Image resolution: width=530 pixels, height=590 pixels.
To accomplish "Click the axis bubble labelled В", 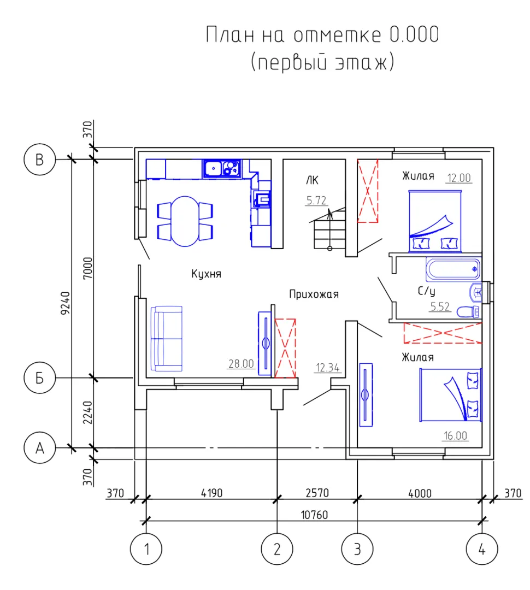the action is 39,159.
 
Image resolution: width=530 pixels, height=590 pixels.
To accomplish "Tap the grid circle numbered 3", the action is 357,549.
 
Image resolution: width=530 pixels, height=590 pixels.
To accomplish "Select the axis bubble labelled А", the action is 39,448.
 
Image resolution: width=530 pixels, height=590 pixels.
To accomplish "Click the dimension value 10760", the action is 314,515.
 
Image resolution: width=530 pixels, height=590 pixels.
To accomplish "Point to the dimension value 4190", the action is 211,493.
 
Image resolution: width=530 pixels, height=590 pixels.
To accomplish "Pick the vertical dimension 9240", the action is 66,303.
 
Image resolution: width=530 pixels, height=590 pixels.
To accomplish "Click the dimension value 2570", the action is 317,493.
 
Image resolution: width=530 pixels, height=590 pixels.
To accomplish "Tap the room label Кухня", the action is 206,274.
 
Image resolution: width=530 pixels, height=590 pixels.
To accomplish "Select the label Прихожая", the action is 314,294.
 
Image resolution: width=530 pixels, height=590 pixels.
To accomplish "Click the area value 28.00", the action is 242,364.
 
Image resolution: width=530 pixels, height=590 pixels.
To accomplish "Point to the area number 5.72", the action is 316,200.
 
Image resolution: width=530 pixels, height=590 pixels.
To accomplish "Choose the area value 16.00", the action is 456,436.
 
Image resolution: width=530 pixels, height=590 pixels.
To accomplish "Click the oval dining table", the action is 185,221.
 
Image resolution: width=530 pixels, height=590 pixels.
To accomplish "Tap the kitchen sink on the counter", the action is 222,168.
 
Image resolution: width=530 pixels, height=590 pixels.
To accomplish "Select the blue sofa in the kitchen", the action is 167,339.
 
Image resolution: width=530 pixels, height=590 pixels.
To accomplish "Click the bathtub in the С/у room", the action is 454,269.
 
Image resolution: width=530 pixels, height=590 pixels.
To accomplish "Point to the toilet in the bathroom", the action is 468,312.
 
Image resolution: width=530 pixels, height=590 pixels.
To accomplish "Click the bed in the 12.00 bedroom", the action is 435,221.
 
